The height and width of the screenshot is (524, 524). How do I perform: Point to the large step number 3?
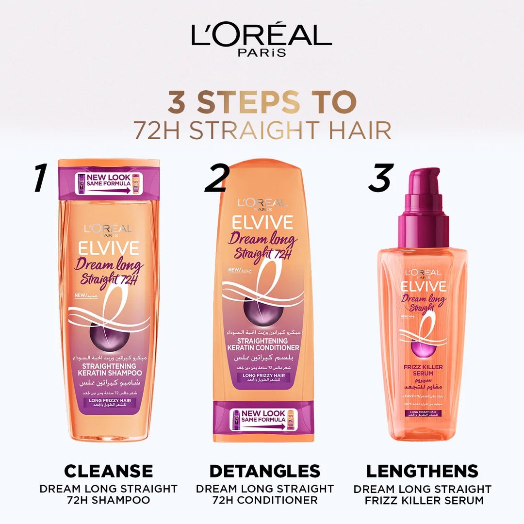tap(379, 177)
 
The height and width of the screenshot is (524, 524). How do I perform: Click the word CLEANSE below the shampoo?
tap(109, 471)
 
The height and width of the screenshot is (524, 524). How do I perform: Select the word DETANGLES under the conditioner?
tap(265, 471)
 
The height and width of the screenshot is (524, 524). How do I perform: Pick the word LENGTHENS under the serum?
tap(422, 471)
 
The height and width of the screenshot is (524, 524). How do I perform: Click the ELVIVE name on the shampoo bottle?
tap(109, 248)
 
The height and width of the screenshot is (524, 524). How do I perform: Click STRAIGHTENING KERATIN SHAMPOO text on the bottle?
tap(109, 370)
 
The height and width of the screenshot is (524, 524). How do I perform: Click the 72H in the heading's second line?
tap(155, 130)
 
